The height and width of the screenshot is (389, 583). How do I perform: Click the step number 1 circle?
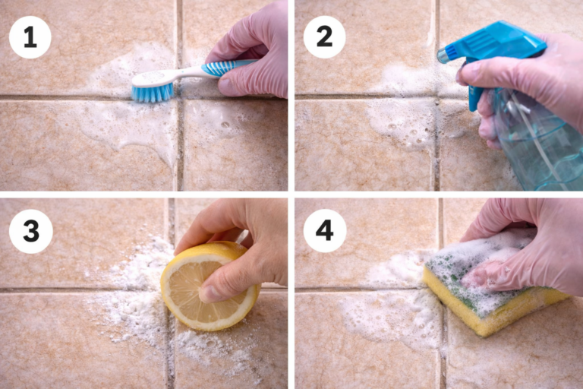30,36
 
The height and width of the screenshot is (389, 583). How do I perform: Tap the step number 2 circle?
324,36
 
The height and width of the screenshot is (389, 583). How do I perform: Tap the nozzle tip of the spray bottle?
442,55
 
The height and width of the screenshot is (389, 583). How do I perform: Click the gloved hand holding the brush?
251,53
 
